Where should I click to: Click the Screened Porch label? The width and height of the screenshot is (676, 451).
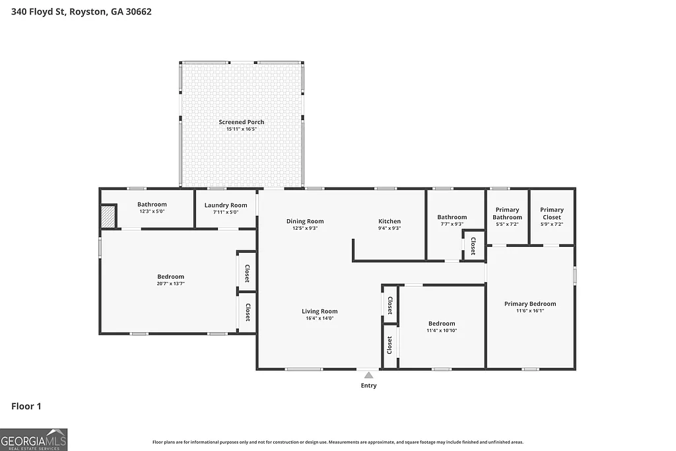(242, 122)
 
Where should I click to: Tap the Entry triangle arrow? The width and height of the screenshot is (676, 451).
(368, 375)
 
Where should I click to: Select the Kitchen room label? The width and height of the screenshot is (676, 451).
(389, 221)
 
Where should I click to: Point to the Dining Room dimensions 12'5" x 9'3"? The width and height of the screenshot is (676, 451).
(305, 228)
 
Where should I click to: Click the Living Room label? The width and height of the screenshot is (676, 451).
(320, 311)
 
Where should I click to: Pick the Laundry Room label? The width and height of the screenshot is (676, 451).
(226, 205)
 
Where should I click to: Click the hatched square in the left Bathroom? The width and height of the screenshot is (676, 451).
(108, 217)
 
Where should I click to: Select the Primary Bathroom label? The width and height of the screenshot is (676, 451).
(508, 213)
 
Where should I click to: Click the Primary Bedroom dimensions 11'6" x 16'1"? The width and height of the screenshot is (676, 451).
(530, 311)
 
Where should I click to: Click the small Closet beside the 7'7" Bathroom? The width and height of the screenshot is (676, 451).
(473, 246)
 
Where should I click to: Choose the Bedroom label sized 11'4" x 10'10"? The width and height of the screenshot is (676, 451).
(442, 324)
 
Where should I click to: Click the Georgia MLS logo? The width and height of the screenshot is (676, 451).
(34, 440)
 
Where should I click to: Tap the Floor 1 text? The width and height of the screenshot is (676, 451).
(26, 406)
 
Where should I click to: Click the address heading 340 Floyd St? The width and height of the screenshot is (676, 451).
(77, 11)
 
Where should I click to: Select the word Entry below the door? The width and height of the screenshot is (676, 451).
(368, 386)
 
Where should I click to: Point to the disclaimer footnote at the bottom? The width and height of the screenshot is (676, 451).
(338, 442)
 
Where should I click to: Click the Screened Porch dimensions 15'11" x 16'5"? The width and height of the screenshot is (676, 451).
(242, 129)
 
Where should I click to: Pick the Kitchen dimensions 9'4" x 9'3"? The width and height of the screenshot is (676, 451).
(389, 228)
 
